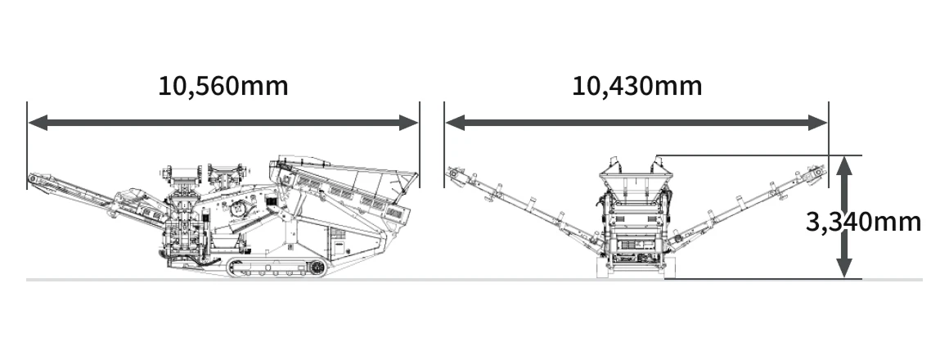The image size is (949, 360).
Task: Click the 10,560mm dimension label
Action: point(223,86)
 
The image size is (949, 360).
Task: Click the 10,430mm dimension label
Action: point(637,86)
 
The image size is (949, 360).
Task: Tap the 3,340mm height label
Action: point(864,222)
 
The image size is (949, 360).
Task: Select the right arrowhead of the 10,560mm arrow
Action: point(408,123)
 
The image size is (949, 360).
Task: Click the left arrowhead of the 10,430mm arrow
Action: point(455,123)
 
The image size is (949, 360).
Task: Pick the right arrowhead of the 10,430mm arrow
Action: point(817,123)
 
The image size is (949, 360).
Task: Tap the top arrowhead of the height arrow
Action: point(844,166)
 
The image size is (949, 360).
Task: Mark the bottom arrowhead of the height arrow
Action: point(844,268)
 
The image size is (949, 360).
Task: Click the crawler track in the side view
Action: point(277,268)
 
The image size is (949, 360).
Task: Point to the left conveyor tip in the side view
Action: point(34,179)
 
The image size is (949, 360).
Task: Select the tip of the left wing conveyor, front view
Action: point(452,173)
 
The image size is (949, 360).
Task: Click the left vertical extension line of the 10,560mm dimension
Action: point(27,145)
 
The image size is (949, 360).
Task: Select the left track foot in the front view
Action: point(603,268)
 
